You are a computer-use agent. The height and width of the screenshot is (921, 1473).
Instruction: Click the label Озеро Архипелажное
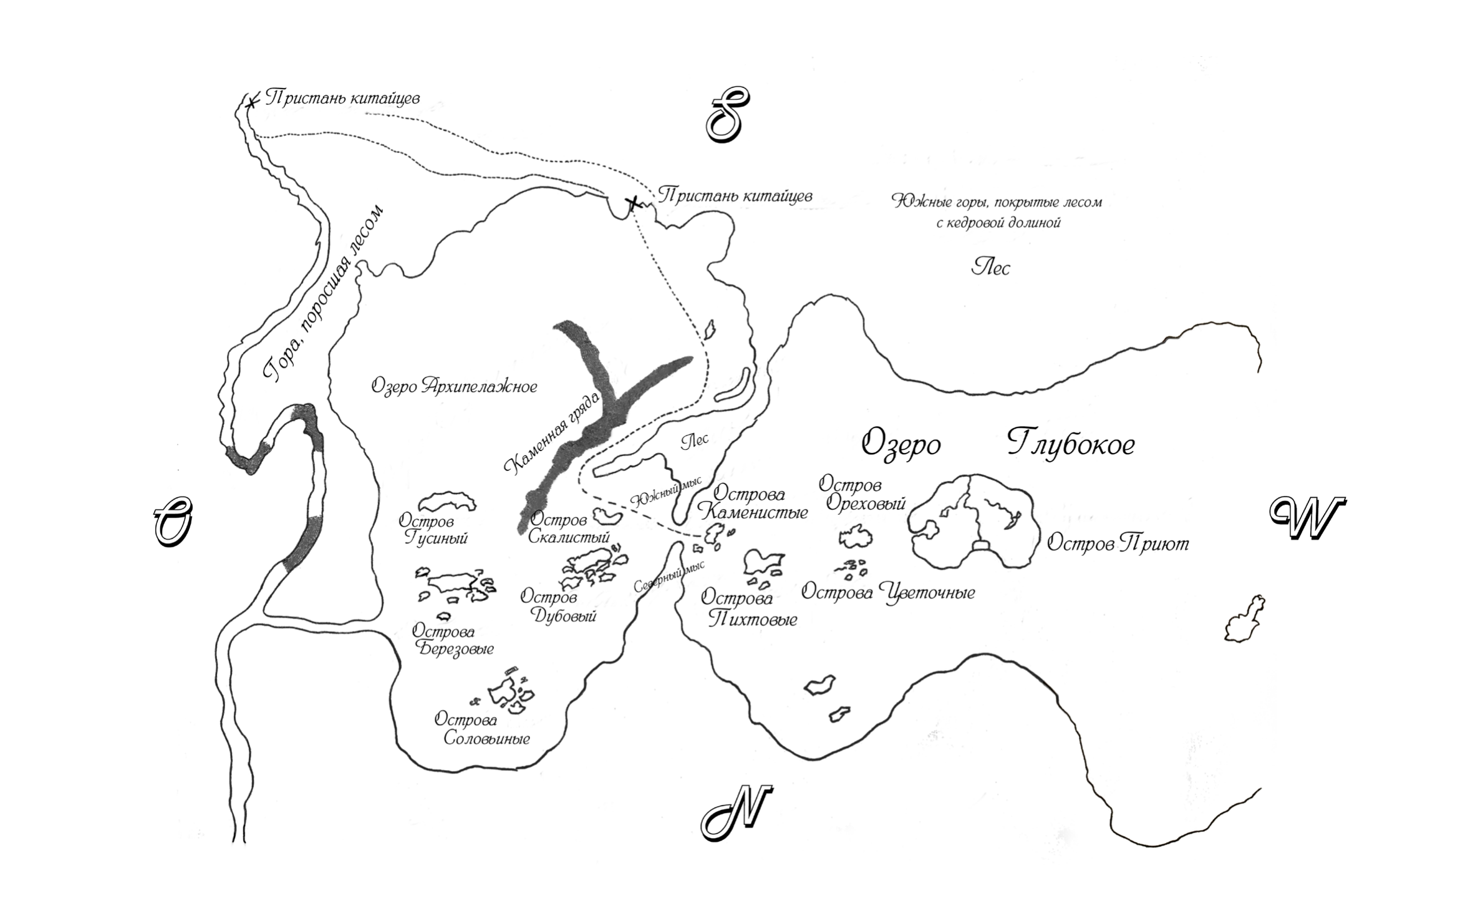[454, 386]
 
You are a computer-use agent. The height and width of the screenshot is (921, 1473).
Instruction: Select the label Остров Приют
[1118, 543]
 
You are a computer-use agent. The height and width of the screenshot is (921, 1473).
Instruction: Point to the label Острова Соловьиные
[482, 729]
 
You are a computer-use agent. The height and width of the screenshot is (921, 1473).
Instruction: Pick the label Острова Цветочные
[887, 592]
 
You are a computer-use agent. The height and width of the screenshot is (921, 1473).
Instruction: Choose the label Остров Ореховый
[862, 494]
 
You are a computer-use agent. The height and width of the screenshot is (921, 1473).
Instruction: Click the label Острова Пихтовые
[748, 608]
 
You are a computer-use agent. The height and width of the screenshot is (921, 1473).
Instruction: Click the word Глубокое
[1071, 445]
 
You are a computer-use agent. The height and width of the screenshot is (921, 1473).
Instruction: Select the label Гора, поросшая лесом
[322, 293]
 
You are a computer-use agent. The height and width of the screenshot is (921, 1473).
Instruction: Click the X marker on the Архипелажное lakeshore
[633, 203]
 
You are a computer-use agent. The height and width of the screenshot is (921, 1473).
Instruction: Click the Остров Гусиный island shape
[447, 500]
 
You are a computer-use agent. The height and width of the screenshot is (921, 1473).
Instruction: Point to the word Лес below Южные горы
[990, 268]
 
